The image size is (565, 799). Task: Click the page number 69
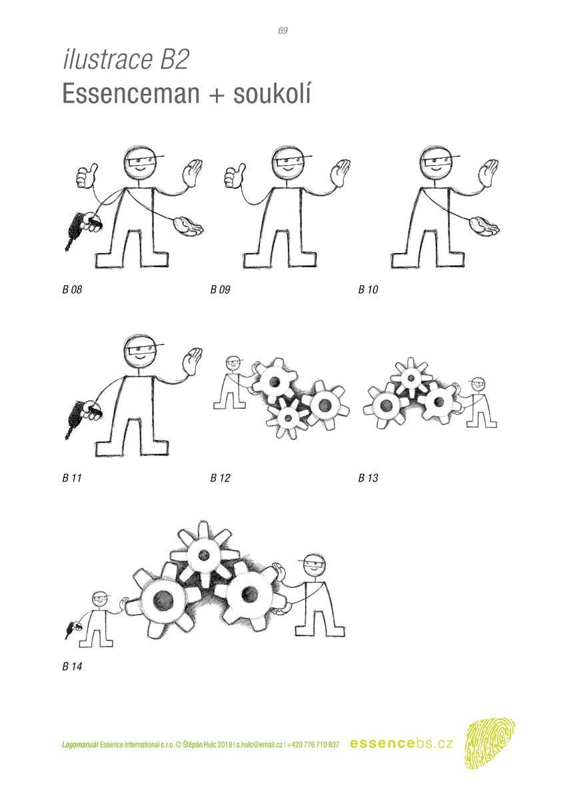(282, 31)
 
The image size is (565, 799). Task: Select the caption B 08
(72, 289)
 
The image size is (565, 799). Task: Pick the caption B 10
(368, 289)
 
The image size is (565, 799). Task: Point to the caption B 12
(220, 477)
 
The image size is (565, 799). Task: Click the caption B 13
(368, 477)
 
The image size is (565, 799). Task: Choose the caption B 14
(72, 666)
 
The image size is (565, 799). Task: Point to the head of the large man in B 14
(312, 567)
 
